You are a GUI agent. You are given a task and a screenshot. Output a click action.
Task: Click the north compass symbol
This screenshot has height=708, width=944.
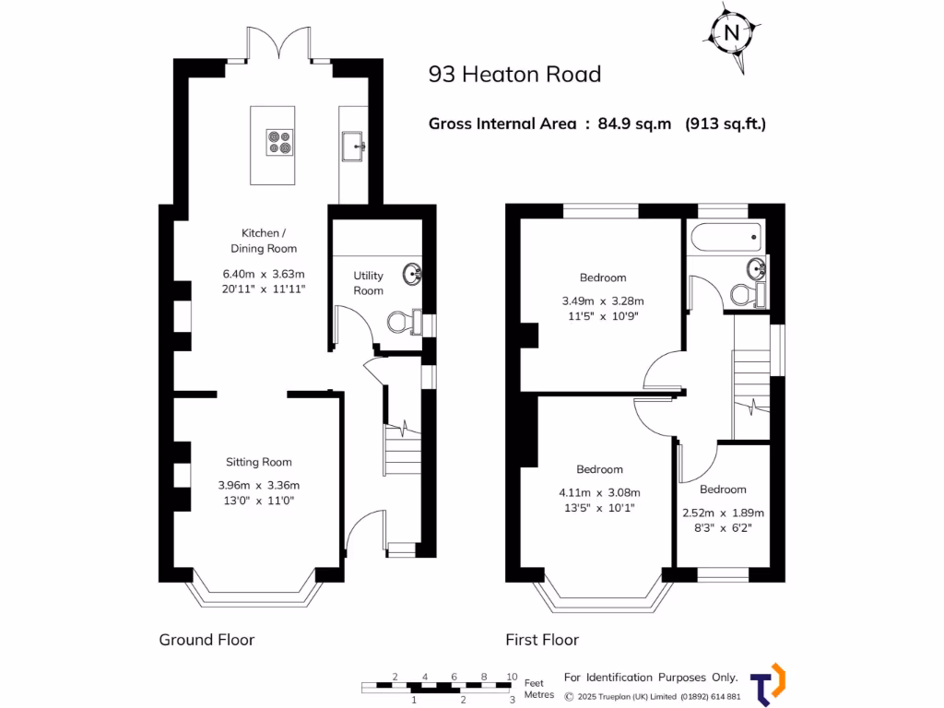coord(732,32)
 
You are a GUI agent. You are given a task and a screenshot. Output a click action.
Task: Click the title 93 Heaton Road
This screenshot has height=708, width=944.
coord(514,75)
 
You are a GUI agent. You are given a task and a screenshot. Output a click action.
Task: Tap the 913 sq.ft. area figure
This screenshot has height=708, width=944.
coord(726,124)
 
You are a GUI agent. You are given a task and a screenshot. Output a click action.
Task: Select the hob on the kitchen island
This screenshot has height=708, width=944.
coord(279,141)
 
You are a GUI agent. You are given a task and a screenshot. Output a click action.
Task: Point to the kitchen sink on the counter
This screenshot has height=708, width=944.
coord(354,144)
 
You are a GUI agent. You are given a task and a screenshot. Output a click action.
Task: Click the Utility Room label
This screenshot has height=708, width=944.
coord(368,283)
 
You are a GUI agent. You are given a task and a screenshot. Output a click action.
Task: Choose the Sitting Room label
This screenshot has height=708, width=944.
coord(259,463)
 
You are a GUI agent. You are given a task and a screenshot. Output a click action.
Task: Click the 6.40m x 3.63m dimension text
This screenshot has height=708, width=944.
coord(263,274)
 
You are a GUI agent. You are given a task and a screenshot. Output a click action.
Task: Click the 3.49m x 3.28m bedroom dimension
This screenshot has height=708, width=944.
coord(602,301)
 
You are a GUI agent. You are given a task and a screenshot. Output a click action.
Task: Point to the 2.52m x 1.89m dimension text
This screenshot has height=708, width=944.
coord(723,513)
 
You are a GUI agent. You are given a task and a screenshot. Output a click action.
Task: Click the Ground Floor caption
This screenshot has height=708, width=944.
coord(206,640)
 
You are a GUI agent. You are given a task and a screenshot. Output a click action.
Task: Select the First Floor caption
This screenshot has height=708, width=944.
coord(542,640)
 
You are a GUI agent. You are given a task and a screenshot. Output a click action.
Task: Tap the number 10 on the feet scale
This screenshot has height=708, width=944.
coord(512,677)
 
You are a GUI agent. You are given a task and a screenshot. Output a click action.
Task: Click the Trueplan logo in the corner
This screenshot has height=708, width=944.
coord(767,685)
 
